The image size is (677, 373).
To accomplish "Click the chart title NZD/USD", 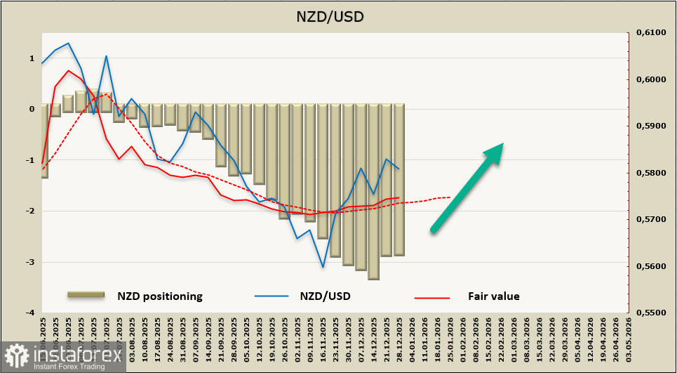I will [338, 15].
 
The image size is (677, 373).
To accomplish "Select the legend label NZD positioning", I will [160, 296].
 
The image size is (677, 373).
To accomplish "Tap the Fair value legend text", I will [494, 296].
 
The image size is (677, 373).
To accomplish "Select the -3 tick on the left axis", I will [32, 262].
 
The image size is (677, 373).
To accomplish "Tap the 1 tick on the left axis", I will [32, 58].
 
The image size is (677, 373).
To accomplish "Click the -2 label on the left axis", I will [32, 211].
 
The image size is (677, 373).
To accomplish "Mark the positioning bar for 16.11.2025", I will [323, 171].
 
